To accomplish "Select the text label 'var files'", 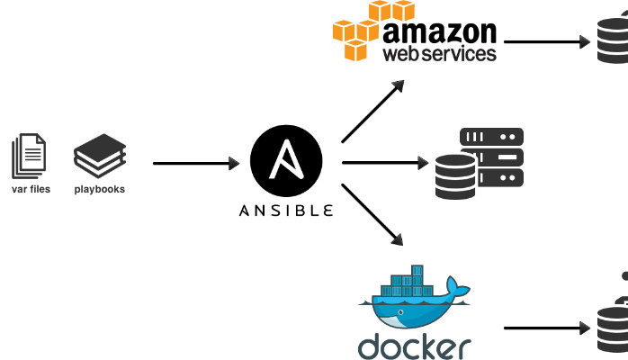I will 31,189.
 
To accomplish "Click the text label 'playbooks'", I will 100,189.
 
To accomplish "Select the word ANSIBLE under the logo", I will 286,211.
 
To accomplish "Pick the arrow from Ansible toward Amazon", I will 374,110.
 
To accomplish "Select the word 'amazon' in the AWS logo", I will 440,31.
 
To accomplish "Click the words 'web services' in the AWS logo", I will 440,53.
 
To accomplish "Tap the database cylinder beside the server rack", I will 455,176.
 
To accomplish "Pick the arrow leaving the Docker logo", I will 545,329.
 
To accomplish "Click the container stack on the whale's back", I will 403,283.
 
